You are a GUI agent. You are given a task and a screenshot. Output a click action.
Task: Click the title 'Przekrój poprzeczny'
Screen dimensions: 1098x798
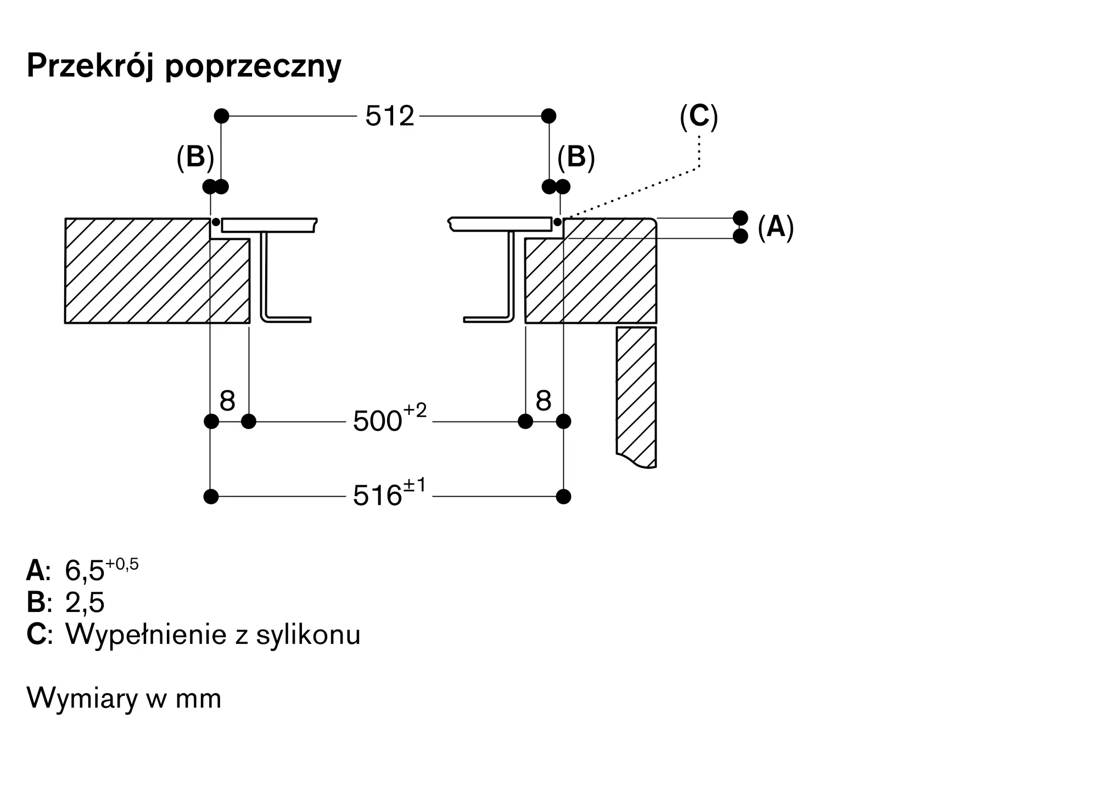coord(184,67)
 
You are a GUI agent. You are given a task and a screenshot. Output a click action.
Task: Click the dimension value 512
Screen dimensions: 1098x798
coord(390,116)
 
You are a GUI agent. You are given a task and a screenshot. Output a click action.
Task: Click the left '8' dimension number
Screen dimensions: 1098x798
coord(227,401)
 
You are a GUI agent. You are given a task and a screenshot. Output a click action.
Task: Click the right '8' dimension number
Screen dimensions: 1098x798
coord(543,401)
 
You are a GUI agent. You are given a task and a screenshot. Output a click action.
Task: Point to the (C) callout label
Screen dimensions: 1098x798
coord(699,117)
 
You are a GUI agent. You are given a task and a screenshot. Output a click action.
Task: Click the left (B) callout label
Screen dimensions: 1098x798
coord(195,157)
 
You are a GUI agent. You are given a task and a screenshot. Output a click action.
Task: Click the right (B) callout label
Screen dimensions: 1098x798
coord(576,157)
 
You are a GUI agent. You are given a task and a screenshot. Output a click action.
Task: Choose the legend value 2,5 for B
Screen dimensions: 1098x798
coord(85,602)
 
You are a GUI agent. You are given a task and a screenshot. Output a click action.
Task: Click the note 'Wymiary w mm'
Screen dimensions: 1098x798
coord(124,699)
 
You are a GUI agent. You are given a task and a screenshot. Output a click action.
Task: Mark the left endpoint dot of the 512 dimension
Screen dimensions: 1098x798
coord(221,116)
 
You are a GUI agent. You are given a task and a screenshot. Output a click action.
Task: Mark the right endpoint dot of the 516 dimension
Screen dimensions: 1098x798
coord(563,497)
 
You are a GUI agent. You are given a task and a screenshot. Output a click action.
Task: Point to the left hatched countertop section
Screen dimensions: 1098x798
coord(158,271)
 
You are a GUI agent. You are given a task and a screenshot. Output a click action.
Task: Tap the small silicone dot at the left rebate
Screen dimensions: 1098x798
coord(216,222)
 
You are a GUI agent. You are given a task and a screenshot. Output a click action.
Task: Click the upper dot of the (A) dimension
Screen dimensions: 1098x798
coord(741,218)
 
